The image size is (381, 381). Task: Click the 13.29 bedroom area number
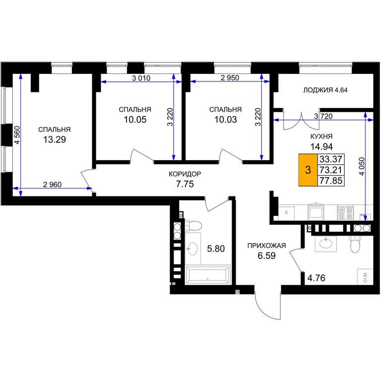[x=55, y=140]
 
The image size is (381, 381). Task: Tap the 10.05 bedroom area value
[x=135, y=120]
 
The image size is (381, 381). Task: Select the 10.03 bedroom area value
[x=226, y=120]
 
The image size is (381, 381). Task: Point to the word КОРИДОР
[x=185, y=174]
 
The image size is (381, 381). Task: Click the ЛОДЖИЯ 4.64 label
[x=325, y=90]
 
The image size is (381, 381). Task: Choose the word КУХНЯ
[x=321, y=136]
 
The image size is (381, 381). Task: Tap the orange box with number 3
[x=308, y=170]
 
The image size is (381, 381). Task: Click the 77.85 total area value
[x=331, y=181]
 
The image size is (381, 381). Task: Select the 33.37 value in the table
[x=331, y=159]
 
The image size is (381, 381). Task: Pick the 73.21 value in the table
[x=331, y=170]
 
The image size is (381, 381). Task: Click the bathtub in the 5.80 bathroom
[x=207, y=274]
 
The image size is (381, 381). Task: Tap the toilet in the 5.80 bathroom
[x=193, y=226]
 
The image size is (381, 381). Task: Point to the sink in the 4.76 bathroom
[x=326, y=243]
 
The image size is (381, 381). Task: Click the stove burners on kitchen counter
[x=345, y=213]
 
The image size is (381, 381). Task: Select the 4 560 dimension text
[x=17, y=135]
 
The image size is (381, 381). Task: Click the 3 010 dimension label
[x=141, y=78]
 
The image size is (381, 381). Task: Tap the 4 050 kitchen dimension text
[x=362, y=167]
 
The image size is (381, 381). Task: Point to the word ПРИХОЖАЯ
[x=266, y=246]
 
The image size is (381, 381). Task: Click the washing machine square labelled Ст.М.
[x=365, y=277]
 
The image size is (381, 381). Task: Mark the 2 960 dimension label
[x=52, y=185]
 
